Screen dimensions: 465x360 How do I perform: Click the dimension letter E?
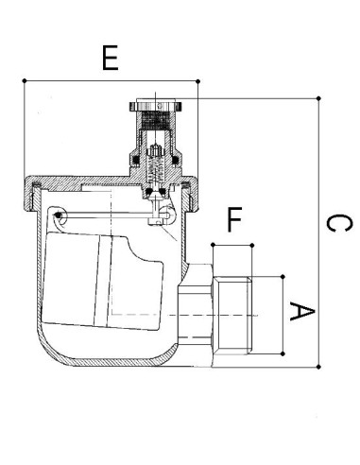(110, 59)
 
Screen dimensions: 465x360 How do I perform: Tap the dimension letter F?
(233, 221)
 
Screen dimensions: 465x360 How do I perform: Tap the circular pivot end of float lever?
(60, 216)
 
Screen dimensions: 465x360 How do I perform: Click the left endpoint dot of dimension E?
(22, 82)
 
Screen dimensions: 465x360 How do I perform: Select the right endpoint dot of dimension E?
(198, 82)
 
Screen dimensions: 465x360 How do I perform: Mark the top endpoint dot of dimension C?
(319, 97)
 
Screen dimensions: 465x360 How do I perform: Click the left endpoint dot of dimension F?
(214, 245)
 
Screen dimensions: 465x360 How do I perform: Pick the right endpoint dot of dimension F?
(252, 245)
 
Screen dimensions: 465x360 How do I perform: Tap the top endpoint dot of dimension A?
(283, 276)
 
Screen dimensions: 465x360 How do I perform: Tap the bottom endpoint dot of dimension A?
(283, 353)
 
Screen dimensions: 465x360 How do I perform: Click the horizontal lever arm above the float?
(113, 222)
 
